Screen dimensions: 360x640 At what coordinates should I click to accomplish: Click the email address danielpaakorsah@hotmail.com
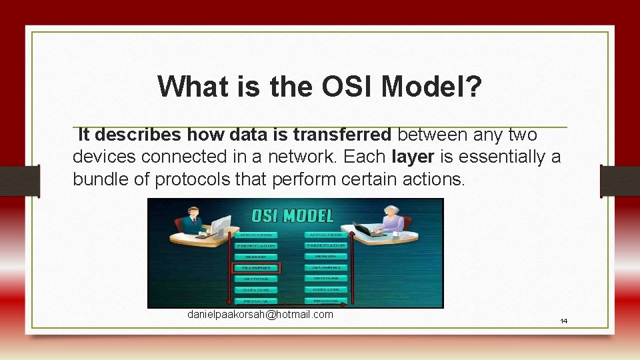(x=260, y=314)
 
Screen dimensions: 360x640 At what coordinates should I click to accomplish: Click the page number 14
(x=563, y=321)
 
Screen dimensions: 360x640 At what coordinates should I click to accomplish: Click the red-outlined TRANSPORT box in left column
(x=257, y=267)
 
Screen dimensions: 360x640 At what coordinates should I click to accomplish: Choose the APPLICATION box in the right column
(x=326, y=235)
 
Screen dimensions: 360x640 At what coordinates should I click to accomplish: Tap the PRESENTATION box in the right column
(x=326, y=245)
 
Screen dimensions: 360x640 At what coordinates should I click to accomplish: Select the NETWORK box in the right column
(x=326, y=278)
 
